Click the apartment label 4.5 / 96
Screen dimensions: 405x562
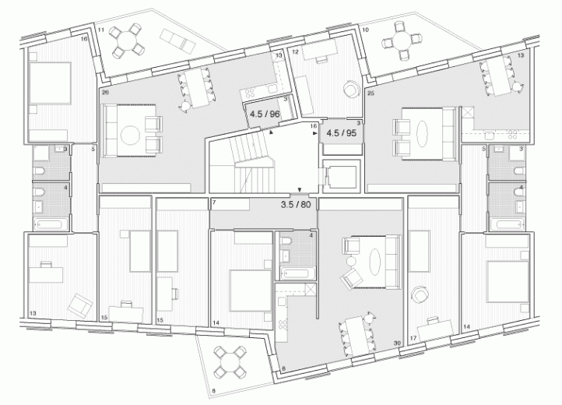[x=264, y=114]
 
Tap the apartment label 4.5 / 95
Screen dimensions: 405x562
[x=340, y=132]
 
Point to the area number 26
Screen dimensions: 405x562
[x=104, y=92]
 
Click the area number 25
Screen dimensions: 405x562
[x=371, y=93]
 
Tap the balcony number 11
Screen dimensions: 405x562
[x=101, y=29]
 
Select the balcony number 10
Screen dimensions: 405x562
[x=365, y=29]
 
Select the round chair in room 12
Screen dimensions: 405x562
[x=349, y=90]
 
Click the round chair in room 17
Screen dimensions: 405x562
[x=421, y=294]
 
